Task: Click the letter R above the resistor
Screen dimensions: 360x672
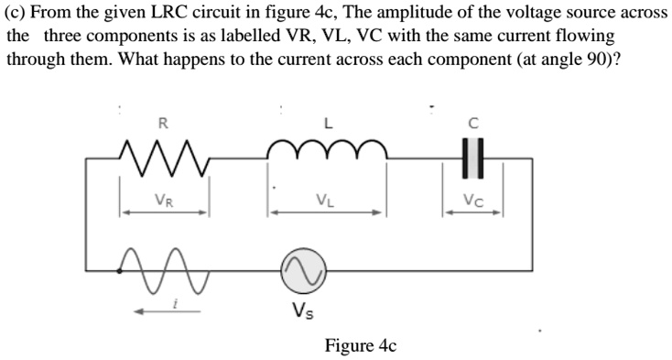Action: point(163,122)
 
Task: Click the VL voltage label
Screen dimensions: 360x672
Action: point(325,199)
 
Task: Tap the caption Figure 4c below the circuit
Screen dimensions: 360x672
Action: point(361,346)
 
